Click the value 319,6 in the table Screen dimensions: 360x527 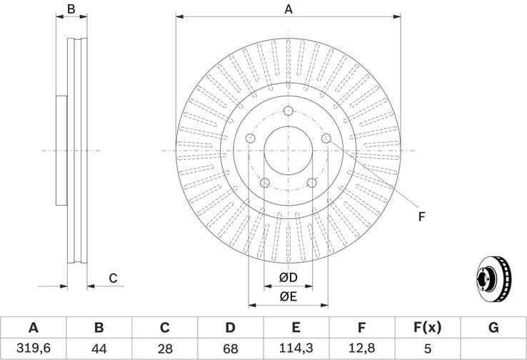tap(33, 349)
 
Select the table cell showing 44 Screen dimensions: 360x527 tap(99, 349)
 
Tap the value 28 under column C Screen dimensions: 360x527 tap(164, 349)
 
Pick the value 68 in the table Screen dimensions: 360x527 tap(230, 349)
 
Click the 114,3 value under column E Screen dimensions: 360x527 tap(296, 349)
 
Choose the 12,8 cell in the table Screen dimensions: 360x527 tap(361, 349)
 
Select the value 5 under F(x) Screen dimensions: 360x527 tap(427, 349)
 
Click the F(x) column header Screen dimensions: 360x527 tap(427, 328)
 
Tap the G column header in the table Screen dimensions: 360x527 tap(493, 328)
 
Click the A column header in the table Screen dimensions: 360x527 tap(33, 328)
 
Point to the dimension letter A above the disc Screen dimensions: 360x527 tap(288, 9)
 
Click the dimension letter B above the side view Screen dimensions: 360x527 tap(71, 9)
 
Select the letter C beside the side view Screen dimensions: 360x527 tap(113, 279)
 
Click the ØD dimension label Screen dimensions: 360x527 tap(288, 277)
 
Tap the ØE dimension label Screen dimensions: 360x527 tap(288, 296)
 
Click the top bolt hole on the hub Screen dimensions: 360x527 tap(288, 111)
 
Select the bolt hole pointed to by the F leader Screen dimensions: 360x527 tap(326, 138)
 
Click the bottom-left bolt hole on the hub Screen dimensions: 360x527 tap(265, 183)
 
